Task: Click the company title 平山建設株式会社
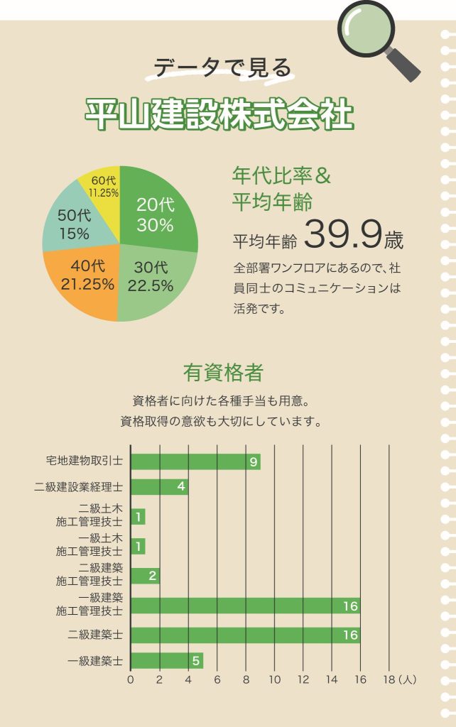[219, 113]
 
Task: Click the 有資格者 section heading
[223, 372]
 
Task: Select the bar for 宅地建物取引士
[195, 461]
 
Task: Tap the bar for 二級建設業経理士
[159, 487]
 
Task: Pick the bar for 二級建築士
[245, 635]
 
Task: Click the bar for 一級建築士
[167, 660]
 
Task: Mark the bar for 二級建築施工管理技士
[145, 576]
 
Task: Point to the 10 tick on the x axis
[274, 679]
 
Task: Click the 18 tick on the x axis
[389, 679]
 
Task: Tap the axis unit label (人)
[408, 679]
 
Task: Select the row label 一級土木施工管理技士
[89, 545]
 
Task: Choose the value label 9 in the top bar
[253, 462]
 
